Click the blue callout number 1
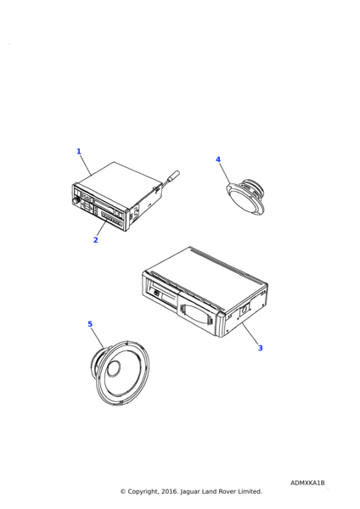point(79,151)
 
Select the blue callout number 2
point(96,240)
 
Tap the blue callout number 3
point(261,348)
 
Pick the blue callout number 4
point(218,159)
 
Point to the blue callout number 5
point(90,324)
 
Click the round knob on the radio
point(76,201)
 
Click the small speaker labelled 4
point(245,198)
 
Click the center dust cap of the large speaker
point(114,368)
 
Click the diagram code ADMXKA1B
point(307,483)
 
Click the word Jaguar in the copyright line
point(189,492)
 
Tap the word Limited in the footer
point(250,491)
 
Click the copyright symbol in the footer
point(123,491)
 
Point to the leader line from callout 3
point(250,333)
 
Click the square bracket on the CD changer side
point(245,310)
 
